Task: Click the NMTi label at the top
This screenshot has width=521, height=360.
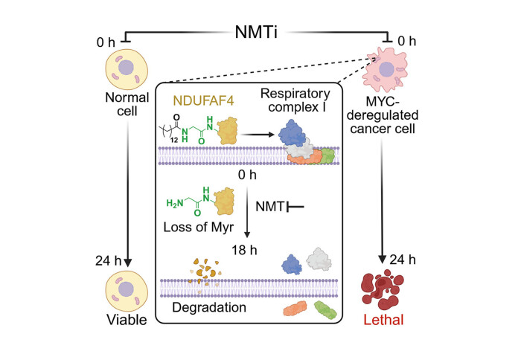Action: [260, 33]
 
